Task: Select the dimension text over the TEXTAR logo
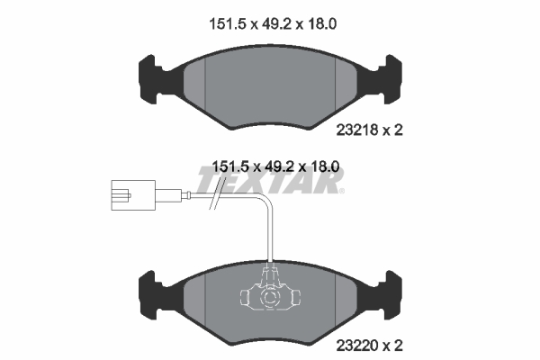coord(274,166)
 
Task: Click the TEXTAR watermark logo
coord(270,182)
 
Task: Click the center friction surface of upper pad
coord(269,85)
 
